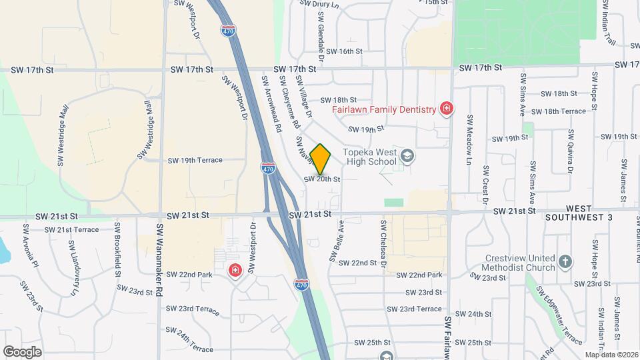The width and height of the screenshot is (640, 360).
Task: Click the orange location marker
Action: tap(321, 159)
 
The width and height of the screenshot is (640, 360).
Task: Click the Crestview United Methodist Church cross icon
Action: tap(565, 261)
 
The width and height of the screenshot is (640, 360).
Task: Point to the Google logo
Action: tap(23, 351)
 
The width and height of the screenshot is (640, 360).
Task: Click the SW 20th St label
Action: tap(322, 179)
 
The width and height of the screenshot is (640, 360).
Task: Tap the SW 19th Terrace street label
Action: tap(195, 161)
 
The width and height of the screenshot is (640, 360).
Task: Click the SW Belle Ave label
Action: tap(336, 241)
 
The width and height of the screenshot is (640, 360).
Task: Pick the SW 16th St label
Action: tap(341, 51)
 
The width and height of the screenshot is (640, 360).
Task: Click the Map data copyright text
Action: tap(611, 355)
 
